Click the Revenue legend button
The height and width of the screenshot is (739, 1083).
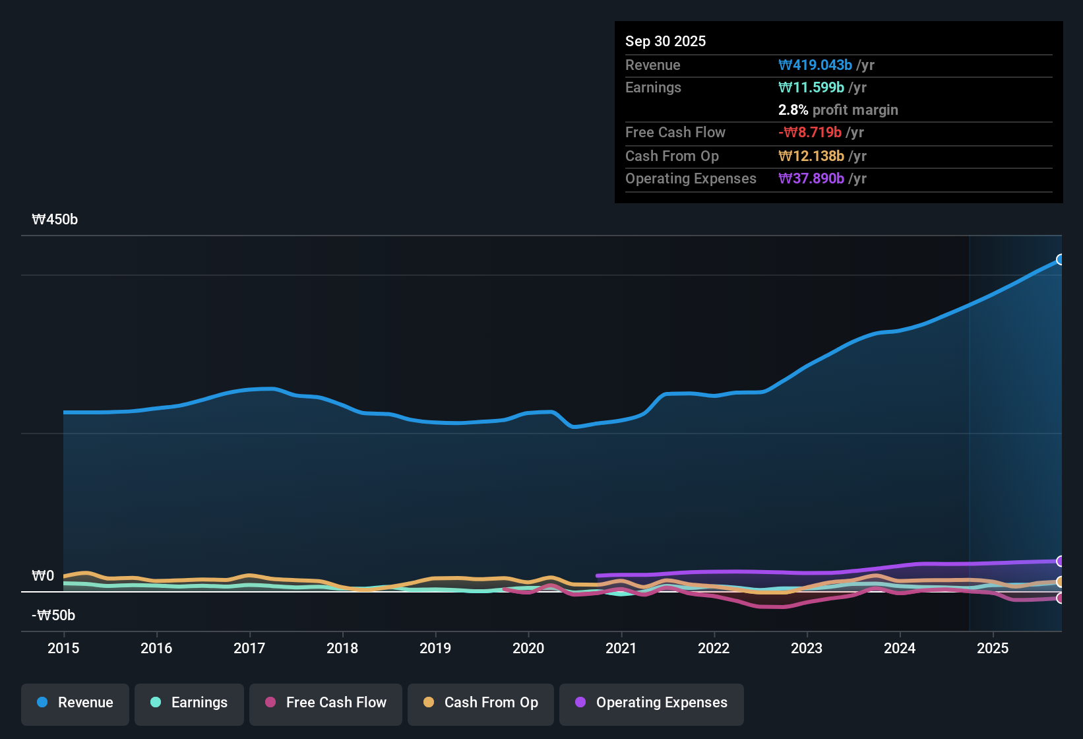coord(75,703)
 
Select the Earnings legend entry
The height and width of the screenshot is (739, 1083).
coord(189,703)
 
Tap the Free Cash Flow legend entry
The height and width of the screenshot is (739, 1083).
coord(326,703)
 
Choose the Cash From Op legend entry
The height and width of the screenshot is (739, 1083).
coord(481,703)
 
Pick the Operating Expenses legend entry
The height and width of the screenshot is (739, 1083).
coord(652,703)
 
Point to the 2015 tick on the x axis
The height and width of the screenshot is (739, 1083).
coord(63,648)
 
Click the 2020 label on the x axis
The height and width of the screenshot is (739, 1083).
coord(528,648)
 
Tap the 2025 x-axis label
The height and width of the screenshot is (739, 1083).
coord(993,648)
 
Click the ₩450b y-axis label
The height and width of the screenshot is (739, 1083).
coord(55,220)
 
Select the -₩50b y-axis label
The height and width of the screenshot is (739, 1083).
coord(53,616)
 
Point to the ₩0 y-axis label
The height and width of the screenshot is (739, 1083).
coord(43,576)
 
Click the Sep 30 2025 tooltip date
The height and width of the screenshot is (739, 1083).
coord(665,41)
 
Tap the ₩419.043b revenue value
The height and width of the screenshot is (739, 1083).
coord(815,65)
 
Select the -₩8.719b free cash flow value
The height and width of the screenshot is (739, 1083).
coord(810,132)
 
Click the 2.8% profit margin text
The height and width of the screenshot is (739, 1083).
coord(838,110)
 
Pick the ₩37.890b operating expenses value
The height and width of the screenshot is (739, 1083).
coord(811,178)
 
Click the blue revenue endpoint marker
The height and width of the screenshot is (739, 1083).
coord(1060,259)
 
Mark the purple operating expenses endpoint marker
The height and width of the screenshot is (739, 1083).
coord(1060,562)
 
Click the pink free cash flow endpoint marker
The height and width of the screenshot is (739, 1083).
coord(1060,598)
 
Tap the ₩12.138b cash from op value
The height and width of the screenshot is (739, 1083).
coord(811,156)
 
